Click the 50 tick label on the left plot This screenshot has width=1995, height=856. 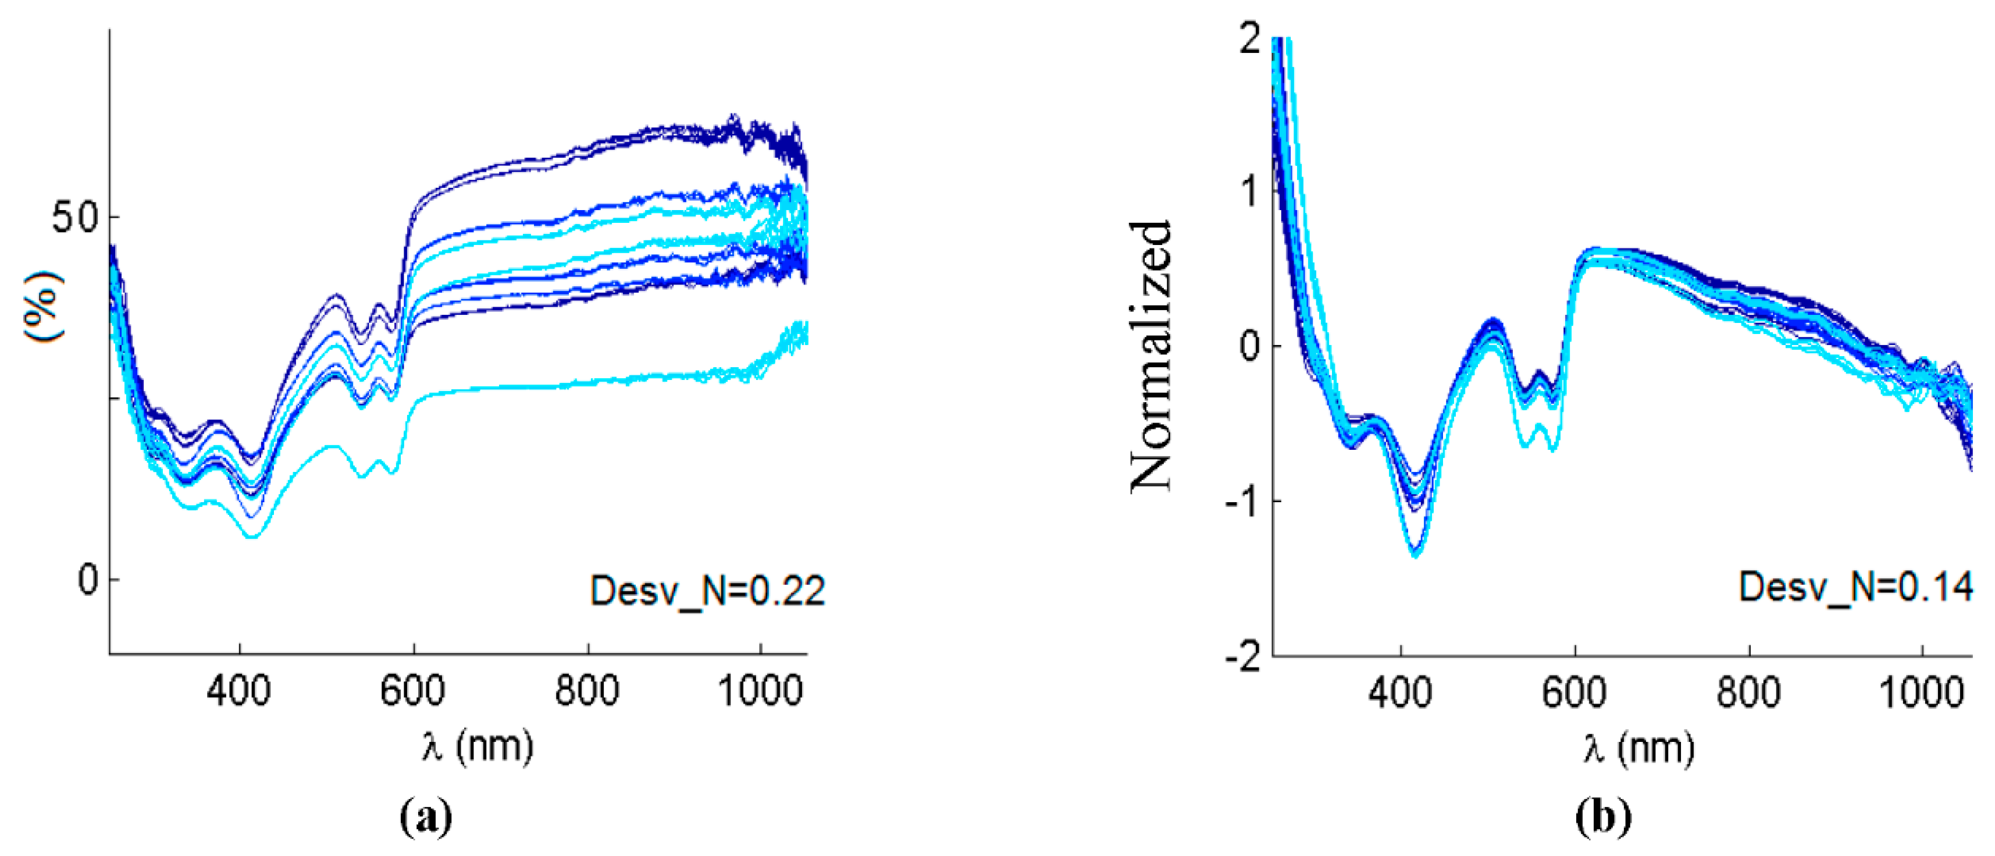pyautogui.click(x=75, y=217)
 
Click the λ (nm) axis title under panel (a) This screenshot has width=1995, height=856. pyautogui.click(x=478, y=746)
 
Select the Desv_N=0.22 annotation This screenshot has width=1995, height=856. pyautogui.click(x=707, y=591)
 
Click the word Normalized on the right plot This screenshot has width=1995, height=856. pyautogui.click(x=1151, y=356)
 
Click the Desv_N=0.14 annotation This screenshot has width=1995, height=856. pyautogui.click(x=1855, y=587)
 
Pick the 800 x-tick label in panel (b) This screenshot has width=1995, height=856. pyautogui.click(x=1749, y=692)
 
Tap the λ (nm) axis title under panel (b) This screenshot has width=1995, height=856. pyautogui.click(x=1639, y=748)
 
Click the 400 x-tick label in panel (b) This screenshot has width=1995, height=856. pyautogui.click(x=1400, y=692)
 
